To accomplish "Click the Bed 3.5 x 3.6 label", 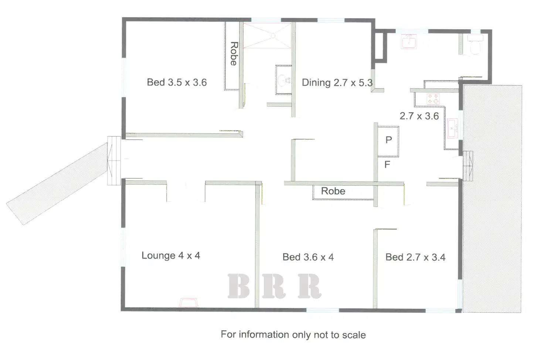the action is tap(177, 82).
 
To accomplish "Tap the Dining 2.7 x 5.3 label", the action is tap(337, 83).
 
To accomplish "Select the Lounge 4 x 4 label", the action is tap(171, 256).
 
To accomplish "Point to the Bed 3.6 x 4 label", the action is tap(308, 257).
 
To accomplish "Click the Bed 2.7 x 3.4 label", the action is tap(415, 257).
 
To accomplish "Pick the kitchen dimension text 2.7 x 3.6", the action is tap(419, 116).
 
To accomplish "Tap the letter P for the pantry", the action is tap(388, 140).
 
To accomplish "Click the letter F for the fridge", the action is tap(387, 165).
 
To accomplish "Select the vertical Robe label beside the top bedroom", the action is tap(234, 54).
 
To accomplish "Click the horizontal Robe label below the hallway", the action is tap(333, 191).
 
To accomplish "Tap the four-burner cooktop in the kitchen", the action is tap(433, 99).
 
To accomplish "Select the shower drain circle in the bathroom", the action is tap(273, 35).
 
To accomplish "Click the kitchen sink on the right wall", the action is tap(452, 128).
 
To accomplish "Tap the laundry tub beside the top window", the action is tap(409, 42).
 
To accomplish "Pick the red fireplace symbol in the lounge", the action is tap(189, 303).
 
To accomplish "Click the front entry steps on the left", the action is tap(114, 161).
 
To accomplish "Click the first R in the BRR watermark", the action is tap(274, 286).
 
